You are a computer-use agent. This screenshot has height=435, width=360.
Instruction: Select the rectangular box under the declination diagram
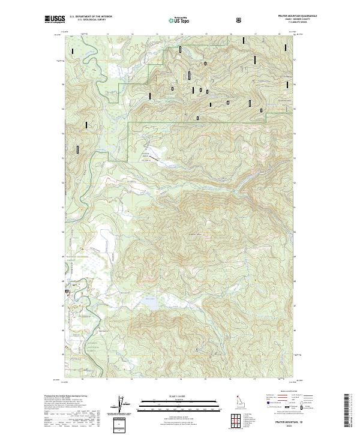122,424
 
